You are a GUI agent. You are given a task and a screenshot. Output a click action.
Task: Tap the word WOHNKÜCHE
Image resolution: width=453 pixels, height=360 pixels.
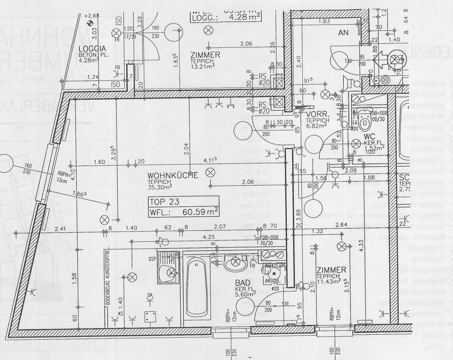(173, 175)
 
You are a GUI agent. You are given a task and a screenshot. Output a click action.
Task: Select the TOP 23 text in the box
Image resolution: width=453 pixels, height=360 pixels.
(165, 201)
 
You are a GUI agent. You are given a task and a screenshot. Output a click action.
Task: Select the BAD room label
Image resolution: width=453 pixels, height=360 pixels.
(242, 283)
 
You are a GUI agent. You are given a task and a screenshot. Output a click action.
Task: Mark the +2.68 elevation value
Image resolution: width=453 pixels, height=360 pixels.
(92, 15)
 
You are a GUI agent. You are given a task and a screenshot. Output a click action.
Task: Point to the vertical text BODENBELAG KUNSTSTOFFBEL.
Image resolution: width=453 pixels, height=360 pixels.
(107, 276)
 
